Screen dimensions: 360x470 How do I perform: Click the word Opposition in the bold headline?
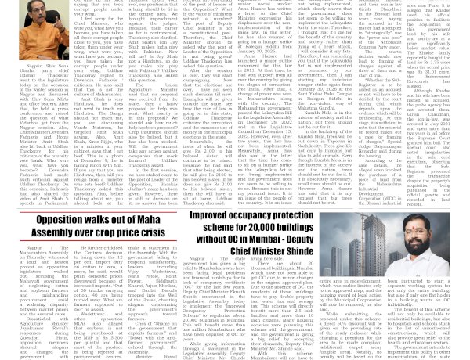click(x=67, y=221)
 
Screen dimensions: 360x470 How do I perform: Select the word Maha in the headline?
click(x=166, y=221)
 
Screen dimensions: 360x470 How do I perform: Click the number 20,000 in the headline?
click(x=278, y=227)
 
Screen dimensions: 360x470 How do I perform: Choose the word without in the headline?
click(x=229, y=239)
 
